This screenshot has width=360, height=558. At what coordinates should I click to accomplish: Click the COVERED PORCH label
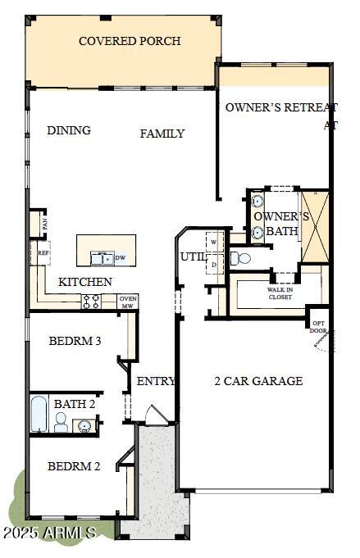point(130,41)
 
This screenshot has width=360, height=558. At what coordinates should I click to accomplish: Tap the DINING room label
point(69,130)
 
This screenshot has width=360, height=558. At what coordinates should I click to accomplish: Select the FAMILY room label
point(162,134)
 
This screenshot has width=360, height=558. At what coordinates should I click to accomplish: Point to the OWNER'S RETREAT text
point(280,107)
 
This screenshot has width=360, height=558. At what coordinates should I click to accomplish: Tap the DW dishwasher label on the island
point(120,258)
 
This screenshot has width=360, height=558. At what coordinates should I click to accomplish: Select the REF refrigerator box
point(43,253)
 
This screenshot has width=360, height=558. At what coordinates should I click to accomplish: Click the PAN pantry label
point(45,222)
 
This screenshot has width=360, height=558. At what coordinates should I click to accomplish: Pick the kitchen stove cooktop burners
point(90,302)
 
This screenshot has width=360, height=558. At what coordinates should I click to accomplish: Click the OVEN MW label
point(128,302)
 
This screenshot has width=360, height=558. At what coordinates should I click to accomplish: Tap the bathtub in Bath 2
point(39,415)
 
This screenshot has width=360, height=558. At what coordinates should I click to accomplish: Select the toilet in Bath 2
point(61,422)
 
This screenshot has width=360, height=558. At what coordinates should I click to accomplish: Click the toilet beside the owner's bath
point(240,259)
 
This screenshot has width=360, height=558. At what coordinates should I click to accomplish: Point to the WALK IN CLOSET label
point(280,293)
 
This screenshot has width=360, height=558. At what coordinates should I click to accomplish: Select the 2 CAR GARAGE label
point(258,380)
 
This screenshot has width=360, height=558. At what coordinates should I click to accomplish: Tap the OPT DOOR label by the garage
point(318,326)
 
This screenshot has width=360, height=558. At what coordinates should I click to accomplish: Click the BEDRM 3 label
point(75,341)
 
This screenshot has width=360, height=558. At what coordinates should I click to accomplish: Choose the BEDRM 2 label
point(74,466)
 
